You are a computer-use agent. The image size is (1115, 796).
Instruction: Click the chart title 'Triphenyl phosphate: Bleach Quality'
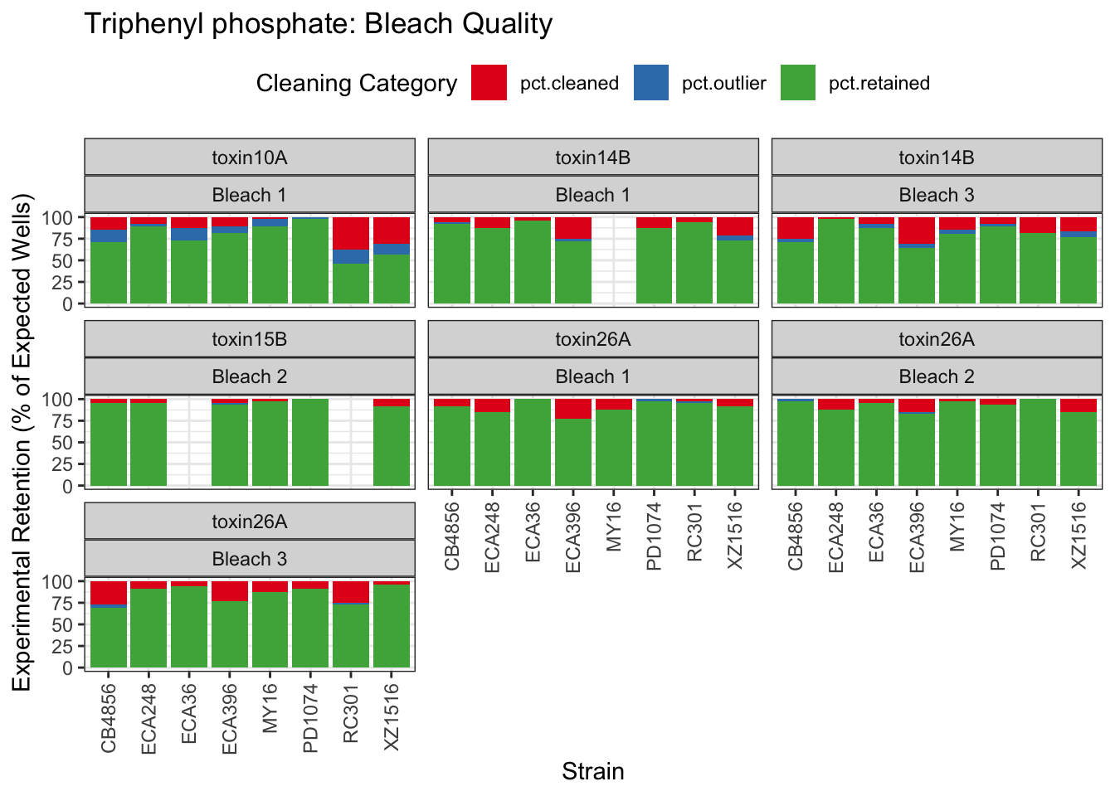(x=318, y=24)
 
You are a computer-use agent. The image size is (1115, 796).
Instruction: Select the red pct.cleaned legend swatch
(x=489, y=83)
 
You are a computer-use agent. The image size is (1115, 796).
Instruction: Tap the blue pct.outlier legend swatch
(x=651, y=83)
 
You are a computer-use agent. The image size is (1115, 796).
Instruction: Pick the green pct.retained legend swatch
(x=798, y=83)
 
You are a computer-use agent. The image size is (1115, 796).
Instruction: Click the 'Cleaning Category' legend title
(x=357, y=84)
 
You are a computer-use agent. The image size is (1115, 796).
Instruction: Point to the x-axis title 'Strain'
(x=592, y=772)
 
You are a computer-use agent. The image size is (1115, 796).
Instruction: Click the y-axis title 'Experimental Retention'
(x=22, y=441)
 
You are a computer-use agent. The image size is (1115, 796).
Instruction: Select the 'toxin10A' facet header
(x=249, y=158)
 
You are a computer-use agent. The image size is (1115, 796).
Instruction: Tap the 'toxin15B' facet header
(x=249, y=339)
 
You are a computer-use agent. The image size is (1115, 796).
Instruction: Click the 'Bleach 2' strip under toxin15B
(x=249, y=376)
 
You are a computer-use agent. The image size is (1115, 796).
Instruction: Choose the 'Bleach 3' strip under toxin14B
(x=937, y=195)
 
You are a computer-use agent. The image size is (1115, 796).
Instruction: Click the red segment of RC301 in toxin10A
(x=351, y=233)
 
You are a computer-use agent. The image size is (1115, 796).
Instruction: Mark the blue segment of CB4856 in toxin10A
(x=109, y=235)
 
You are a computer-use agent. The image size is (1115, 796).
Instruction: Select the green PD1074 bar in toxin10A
(x=310, y=261)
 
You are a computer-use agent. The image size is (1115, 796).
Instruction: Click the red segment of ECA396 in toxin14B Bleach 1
(x=573, y=227)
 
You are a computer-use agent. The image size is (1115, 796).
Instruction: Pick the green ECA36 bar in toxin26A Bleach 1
(x=533, y=442)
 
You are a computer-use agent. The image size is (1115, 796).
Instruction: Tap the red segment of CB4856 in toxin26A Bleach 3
(x=109, y=593)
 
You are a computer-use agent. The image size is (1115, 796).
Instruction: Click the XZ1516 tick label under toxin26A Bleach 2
(x=1078, y=535)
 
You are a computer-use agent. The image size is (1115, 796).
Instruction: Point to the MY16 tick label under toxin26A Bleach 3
(x=270, y=709)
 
